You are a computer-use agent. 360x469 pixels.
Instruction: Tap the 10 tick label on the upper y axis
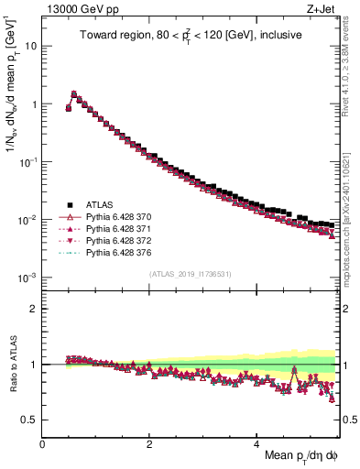(32, 46)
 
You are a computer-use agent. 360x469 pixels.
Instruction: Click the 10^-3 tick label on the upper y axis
(28, 277)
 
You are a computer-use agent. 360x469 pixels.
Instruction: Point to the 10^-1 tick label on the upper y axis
(28, 161)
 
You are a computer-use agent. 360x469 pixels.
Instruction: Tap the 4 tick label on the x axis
(257, 444)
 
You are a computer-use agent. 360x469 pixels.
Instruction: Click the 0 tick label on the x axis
(43, 444)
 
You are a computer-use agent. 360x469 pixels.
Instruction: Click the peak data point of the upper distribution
(74, 93)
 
